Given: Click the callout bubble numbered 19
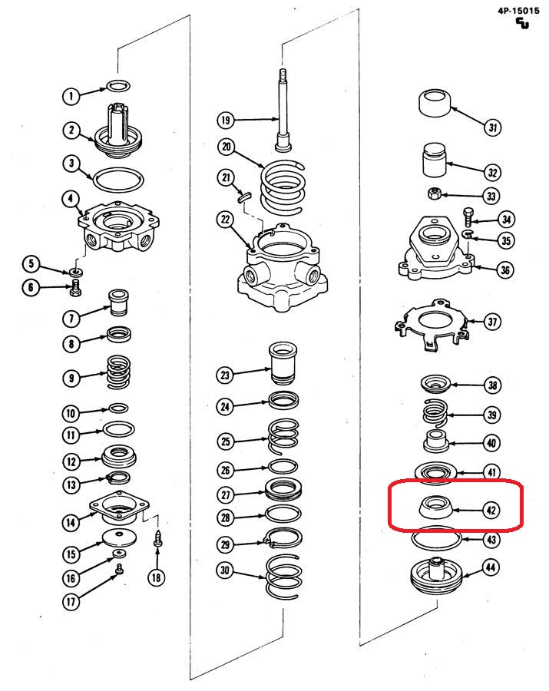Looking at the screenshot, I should click(x=225, y=120).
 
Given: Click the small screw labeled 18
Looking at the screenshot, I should click(x=157, y=537).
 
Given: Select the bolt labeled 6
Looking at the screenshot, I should click(x=75, y=289).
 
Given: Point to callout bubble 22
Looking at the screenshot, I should click(x=225, y=220).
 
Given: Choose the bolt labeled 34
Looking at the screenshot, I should click(x=468, y=218).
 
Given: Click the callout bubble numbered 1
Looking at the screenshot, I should click(x=71, y=96).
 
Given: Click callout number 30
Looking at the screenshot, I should click(x=225, y=570).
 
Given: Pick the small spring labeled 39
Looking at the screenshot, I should click(x=436, y=414).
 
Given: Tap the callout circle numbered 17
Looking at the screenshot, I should click(x=71, y=603).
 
